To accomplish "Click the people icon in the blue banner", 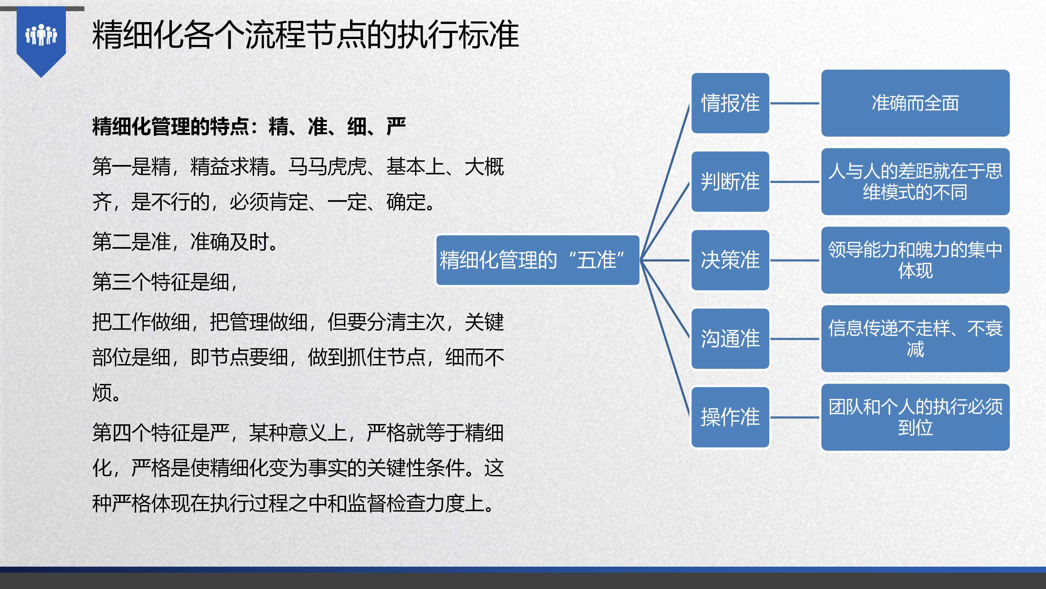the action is (x=41, y=35).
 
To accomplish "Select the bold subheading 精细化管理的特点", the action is (x=170, y=127).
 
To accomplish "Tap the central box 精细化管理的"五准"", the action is (x=538, y=260).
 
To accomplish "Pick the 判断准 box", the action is (x=730, y=182).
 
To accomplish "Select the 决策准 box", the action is (x=730, y=260).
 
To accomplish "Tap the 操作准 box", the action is (x=730, y=417).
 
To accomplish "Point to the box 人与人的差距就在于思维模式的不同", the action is (x=915, y=182).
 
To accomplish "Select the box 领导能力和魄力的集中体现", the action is (x=915, y=260).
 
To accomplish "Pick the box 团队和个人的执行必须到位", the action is (x=915, y=417).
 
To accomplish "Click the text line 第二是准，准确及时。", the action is (x=185, y=242).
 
